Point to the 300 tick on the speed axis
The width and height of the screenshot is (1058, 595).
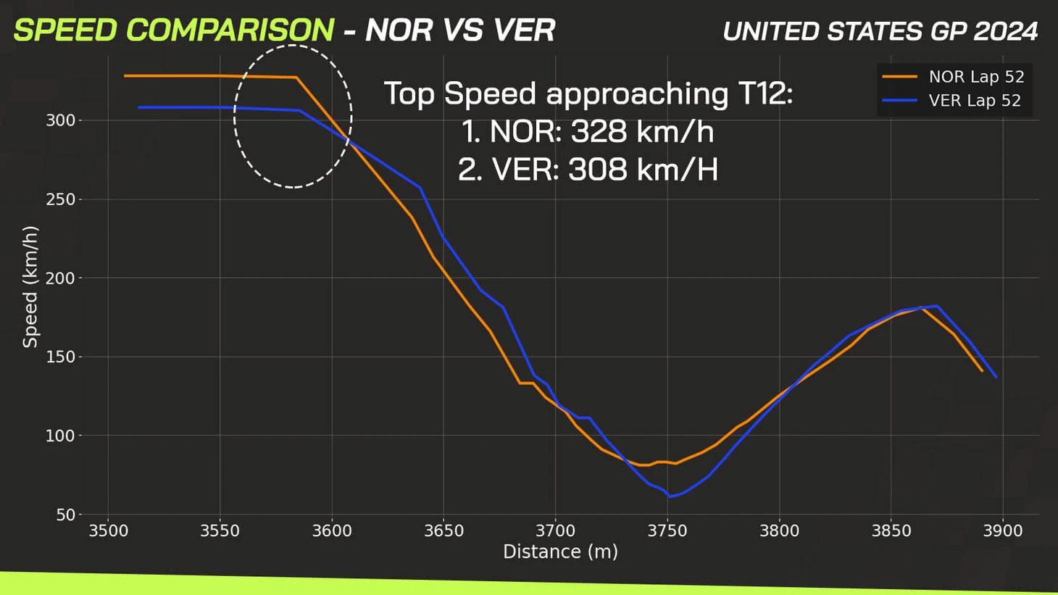click(x=61, y=120)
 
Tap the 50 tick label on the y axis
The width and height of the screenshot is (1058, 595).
click(x=65, y=515)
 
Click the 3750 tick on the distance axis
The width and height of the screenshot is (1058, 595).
click(x=667, y=530)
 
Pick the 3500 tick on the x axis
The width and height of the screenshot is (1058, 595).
click(x=108, y=530)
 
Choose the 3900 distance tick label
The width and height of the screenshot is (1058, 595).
click(x=1003, y=530)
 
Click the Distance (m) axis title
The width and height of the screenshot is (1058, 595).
click(x=560, y=552)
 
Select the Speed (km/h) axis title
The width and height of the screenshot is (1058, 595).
click(x=30, y=287)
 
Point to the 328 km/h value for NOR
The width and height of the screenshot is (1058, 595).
click(x=642, y=132)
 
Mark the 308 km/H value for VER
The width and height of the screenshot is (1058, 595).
click(x=643, y=170)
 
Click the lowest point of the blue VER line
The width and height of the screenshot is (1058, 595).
click(x=670, y=496)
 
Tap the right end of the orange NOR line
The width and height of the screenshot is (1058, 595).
click(x=983, y=371)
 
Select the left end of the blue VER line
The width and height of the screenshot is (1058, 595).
click(x=138, y=107)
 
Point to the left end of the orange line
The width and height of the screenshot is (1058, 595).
click(x=125, y=75)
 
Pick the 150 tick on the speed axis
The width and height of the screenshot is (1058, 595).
click(x=61, y=357)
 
